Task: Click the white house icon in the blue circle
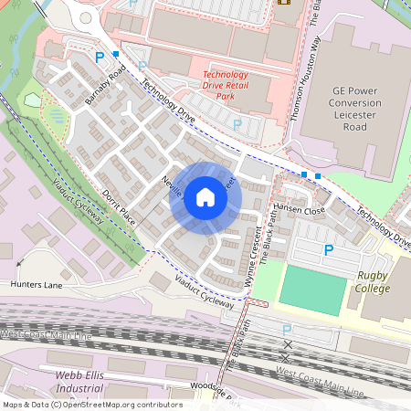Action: (205, 197)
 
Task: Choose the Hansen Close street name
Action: (300, 209)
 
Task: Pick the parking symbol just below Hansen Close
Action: (328, 248)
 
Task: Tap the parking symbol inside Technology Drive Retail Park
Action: (237, 124)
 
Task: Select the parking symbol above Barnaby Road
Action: (100, 57)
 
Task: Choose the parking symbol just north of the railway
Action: (286, 330)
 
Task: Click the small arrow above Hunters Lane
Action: (20, 263)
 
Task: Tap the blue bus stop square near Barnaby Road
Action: (115, 55)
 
